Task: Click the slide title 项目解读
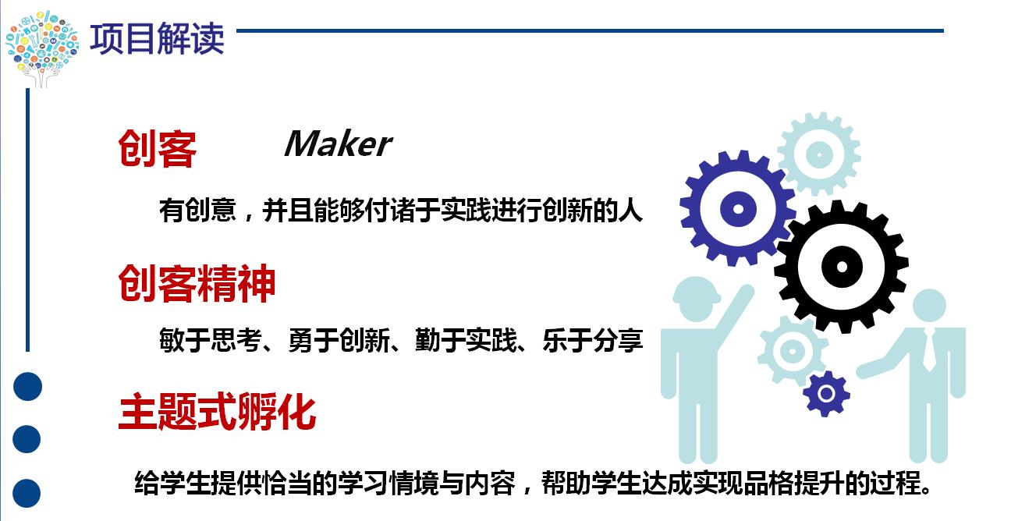(157, 38)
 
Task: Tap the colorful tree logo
(41, 48)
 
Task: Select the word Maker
(339, 144)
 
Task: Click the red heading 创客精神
(197, 283)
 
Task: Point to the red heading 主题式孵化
(217, 411)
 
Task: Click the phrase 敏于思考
(211, 340)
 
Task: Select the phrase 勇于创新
(339, 340)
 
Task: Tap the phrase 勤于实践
(466, 340)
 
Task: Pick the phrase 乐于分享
(593, 340)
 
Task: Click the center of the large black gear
(842, 267)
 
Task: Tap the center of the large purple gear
(738, 209)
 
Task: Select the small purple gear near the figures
(826, 394)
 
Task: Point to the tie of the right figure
(929, 350)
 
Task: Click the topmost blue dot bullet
(28, 387)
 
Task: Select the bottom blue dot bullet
(27, 493)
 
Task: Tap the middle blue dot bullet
(27, 439)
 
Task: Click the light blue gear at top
(819, 154)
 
